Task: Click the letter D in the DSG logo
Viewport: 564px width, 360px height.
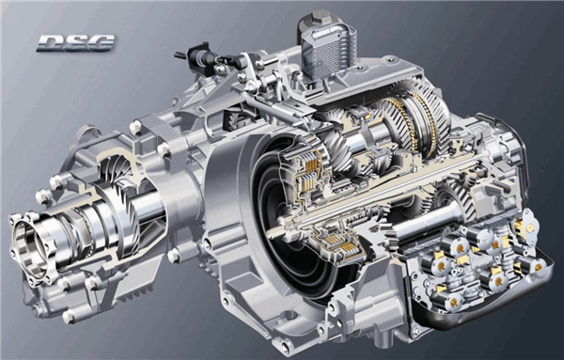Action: tap(51, 43)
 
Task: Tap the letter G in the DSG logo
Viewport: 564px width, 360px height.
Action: tap(102, 43)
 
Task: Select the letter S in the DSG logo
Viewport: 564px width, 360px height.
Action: tap(76, 43)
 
